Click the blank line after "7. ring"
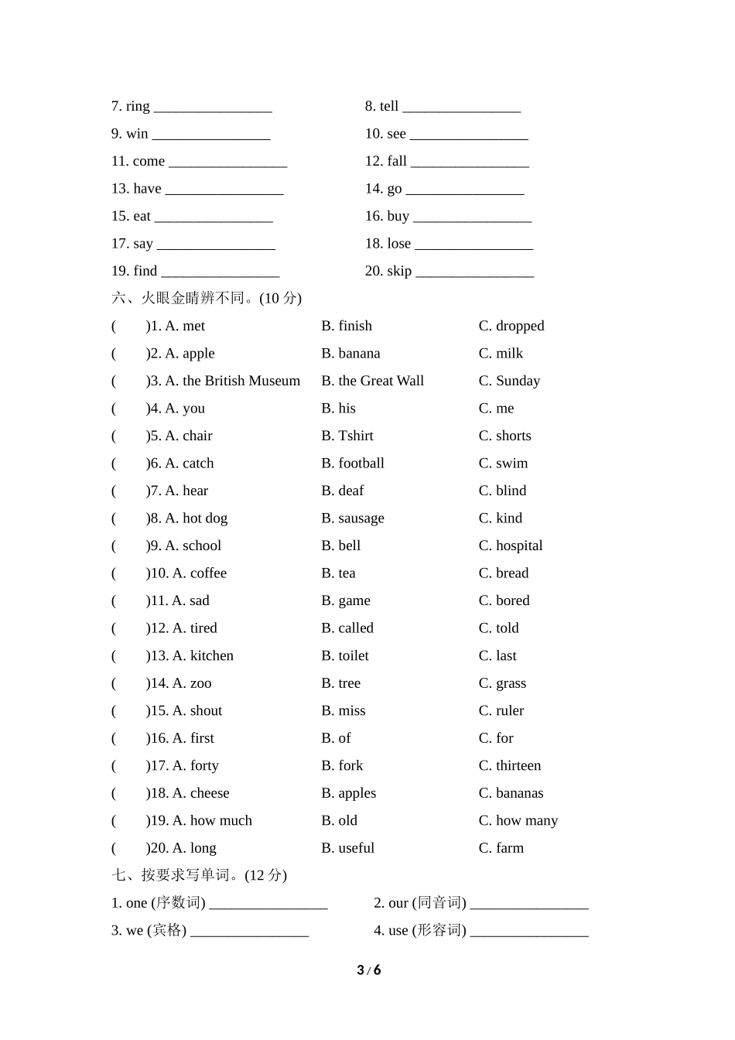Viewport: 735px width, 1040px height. pyautogui.click(x=213, y=108)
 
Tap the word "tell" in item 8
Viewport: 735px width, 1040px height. pyautogui.click(x=389, y=106)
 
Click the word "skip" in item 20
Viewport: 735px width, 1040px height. pyautogui.click(x=399, y=271)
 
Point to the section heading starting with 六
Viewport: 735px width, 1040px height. pyautogui.click(x=206, y=298)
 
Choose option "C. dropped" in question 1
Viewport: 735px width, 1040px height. pyautogui.click(x=511, y=326)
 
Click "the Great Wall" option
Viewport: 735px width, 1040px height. pyautogui.click(x=381, y=381)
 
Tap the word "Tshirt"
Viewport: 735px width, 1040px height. pyautogui.click(x=356, y=436)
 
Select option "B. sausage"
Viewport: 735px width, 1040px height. pyautogui.click(x=353, y=518)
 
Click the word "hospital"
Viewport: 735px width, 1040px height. pyautogui.click(x=519, y=546)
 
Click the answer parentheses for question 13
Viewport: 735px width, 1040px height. pyautogui.click(x=129, y=656)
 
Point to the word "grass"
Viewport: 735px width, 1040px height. pyautogui.click(x=511, y=683)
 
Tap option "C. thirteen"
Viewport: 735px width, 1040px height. pyautogui.click(x=510, y=765)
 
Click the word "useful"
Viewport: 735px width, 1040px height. pyautogui.click(x=356, y=848)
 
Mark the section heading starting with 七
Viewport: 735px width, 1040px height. pyautogui.click(x=199, y=875)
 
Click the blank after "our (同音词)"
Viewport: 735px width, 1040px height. pyautogui.click(x=529, y=905)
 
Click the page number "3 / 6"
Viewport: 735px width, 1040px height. pyautogui.click(x=369, y=970)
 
